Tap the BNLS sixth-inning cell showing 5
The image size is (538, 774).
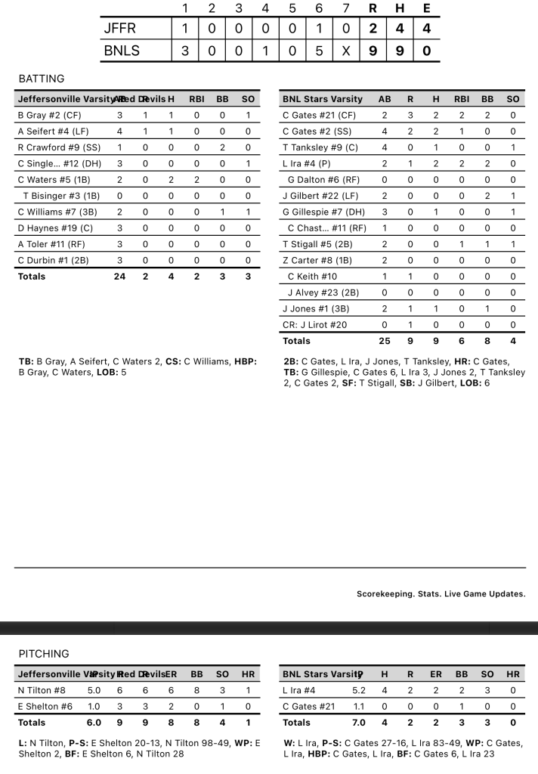click(x=319, y=52)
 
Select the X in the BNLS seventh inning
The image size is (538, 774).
click(x=346, y=52)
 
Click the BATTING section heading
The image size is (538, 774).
click(x=42, y=79)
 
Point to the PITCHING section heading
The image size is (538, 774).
click(x=44, y=654)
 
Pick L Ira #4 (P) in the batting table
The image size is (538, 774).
click(x=307, y=163)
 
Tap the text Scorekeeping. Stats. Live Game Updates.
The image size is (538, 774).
click(x=441, y=594)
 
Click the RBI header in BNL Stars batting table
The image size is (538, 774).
click(x=461, y=99)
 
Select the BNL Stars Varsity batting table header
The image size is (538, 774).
click(x=323, y=99)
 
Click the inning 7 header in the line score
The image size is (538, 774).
click(x=346, y=9)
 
